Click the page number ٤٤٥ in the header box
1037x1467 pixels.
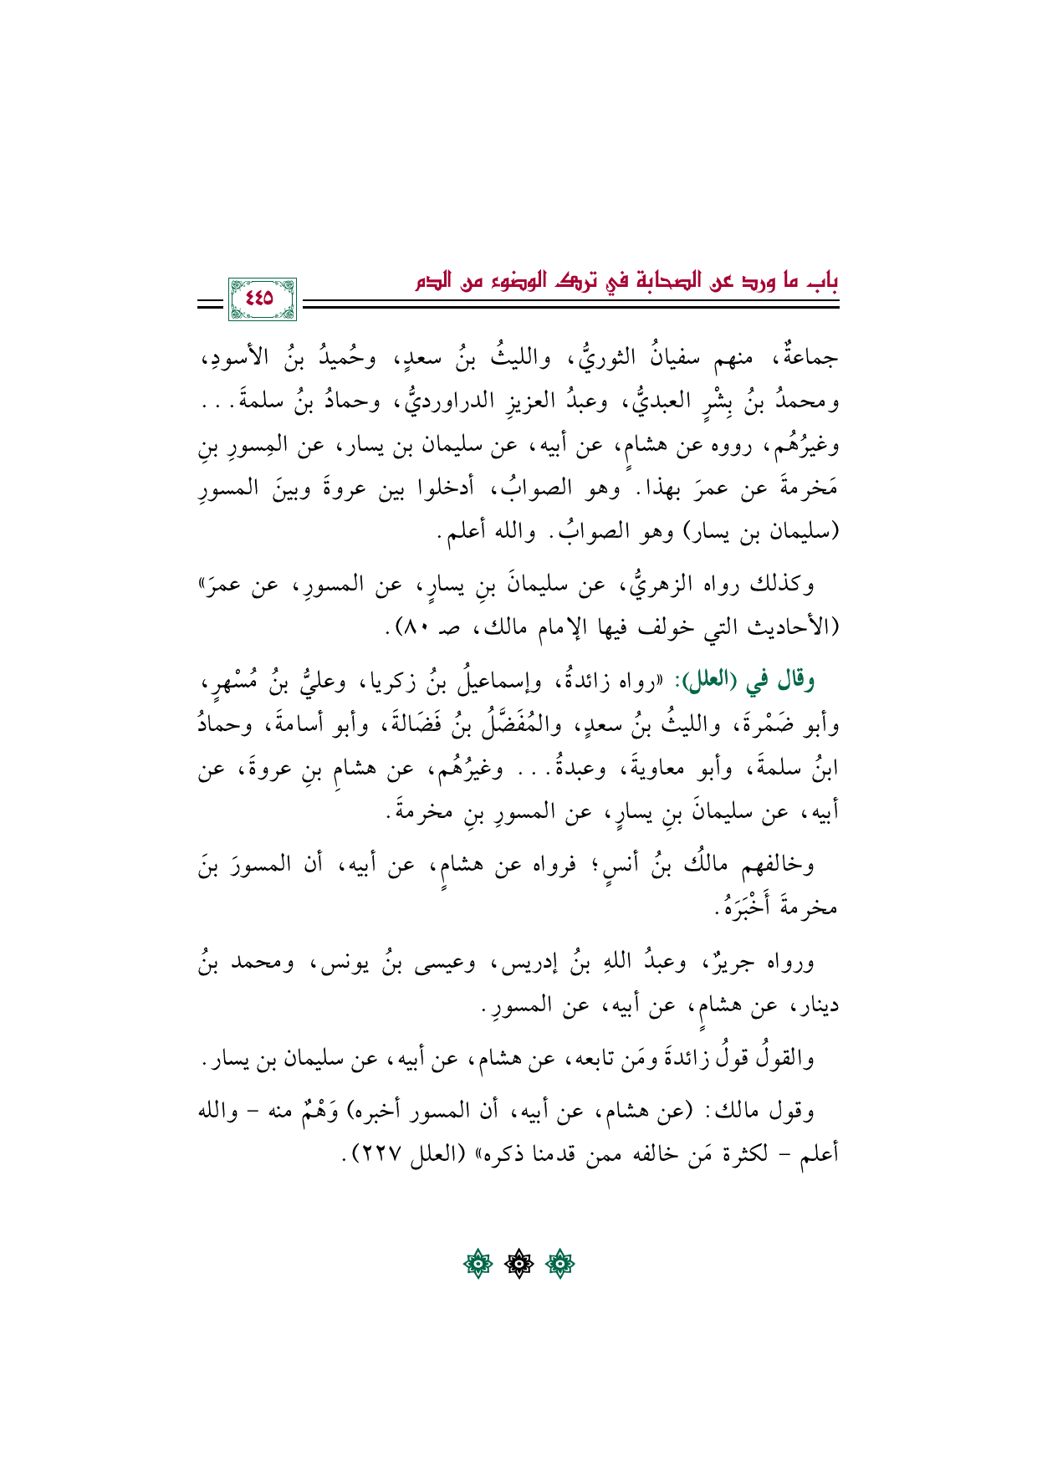coord(260,298)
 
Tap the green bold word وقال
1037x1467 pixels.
coord(795,682)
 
